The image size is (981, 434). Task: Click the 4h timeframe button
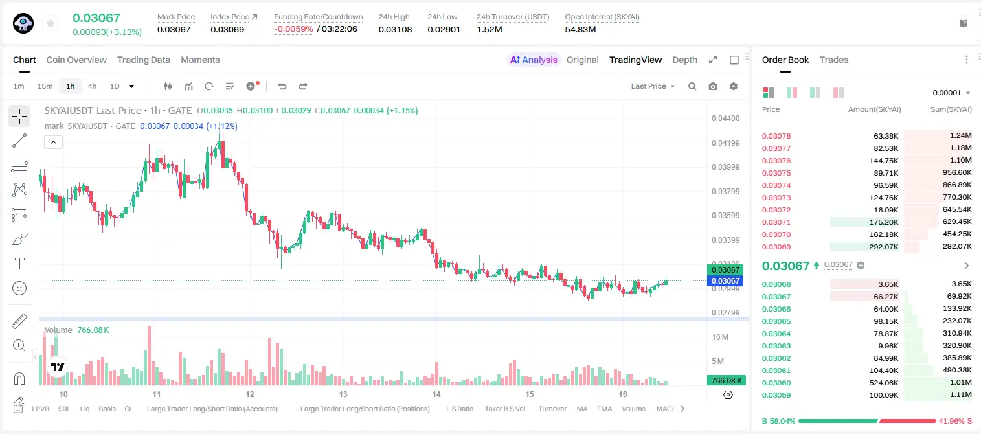(92, 86)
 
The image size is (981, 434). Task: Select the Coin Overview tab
(76, 60)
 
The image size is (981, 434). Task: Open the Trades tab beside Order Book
(834, 60)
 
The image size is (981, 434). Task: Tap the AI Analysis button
(534, 60)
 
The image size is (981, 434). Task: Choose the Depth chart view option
(684, 60)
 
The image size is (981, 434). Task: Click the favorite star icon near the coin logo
(51, 23)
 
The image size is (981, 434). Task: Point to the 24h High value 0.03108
(395, 29)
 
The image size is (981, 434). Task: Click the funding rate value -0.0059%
(293, 29)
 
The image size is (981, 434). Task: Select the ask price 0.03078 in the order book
(776, 136)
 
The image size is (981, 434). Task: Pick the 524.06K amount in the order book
(883, 383)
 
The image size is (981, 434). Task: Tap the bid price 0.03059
(776, 395)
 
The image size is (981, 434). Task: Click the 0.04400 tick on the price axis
(726, 119)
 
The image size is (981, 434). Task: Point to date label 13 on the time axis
(343, 394)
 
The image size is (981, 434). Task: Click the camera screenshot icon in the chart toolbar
(713, 86)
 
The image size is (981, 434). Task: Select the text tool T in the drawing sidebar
(19, 264)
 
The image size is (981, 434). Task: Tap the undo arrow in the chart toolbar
(282, 86)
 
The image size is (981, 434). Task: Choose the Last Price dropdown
(653, 86)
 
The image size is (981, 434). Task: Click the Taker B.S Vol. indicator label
(505, 409)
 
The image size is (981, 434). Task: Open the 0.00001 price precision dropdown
(951, 93)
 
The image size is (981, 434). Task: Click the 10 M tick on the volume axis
(720, 337)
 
